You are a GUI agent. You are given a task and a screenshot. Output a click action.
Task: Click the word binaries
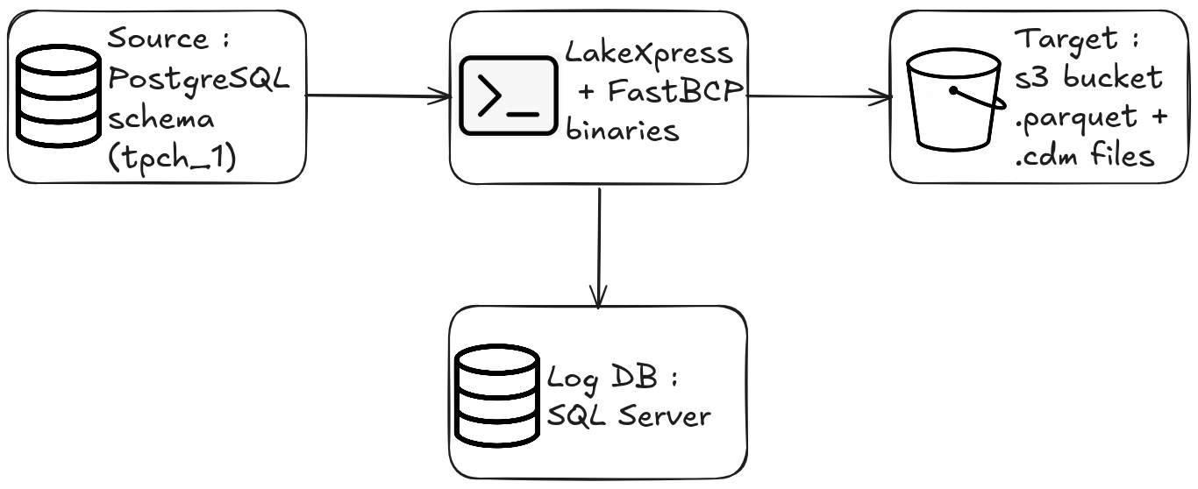[623, 131]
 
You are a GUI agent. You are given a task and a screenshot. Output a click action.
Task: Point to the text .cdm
[1050, 156]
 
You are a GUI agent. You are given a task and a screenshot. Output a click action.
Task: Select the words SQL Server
[628, 416]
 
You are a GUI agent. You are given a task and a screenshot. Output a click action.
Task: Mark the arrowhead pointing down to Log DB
[598, 299]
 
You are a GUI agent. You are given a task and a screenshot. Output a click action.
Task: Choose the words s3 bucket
[1088, 78]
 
